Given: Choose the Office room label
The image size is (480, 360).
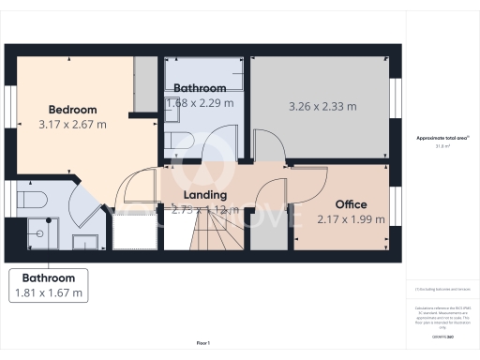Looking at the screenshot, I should [351, 203].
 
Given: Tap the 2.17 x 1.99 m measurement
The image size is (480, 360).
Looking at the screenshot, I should [351, 219].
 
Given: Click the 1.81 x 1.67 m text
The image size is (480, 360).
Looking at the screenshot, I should [49, 293].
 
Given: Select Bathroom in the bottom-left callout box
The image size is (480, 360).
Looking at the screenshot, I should [49, 278].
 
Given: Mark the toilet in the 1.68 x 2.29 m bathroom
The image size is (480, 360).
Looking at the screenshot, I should [185, 142].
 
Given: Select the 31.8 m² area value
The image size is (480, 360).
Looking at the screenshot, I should [442, 145].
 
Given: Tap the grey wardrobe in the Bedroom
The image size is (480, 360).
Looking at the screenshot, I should [145, 84].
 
